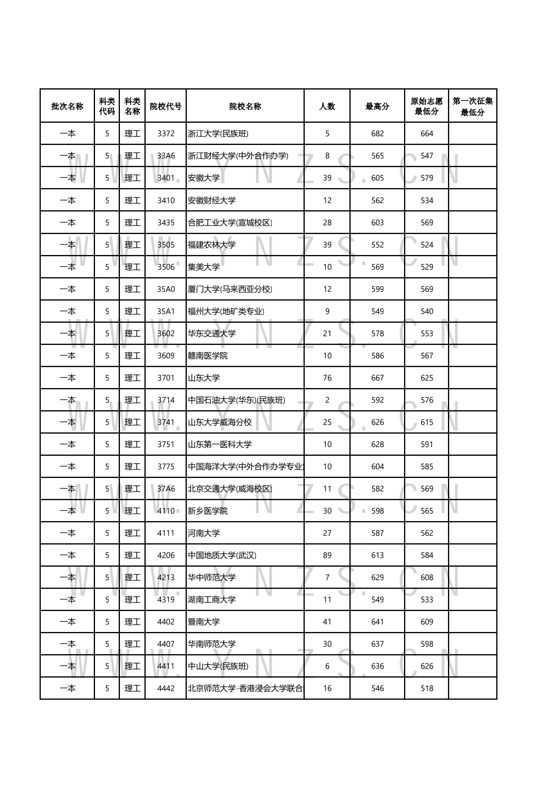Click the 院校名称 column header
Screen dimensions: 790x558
(245, 106)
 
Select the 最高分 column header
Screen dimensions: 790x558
(377, 106)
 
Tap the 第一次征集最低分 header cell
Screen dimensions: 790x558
(473, 107)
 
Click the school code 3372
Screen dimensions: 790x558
(166, 133)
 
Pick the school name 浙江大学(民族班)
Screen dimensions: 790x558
(218, 133)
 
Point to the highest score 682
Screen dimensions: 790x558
(377, 133)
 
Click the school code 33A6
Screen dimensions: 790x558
(166, 156)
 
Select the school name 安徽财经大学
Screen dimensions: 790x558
(212, 200)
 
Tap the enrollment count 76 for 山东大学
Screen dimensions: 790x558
(327, 378)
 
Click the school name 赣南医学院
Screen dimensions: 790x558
(208, 356)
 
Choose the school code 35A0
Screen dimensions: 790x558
(166, 289)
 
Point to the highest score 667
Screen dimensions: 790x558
(377, 378)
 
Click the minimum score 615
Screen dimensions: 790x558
(427, 422)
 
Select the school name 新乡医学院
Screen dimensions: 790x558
(208, 511)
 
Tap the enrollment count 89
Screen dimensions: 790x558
(327, 555)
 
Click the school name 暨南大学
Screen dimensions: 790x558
(204, 622)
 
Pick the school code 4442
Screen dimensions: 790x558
(166, 688)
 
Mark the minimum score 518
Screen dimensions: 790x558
(427, 688)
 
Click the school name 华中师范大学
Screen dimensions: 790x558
(212, 577)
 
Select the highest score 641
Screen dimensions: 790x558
(377, 622)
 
